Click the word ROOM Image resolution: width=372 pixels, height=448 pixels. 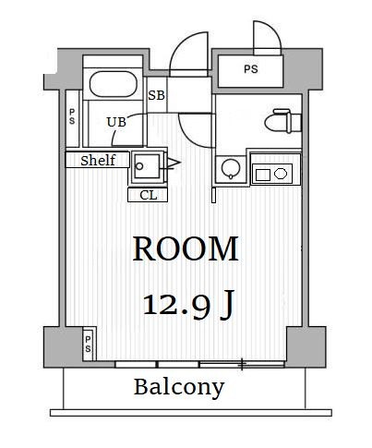point(186,248)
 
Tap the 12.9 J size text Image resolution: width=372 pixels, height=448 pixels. point(188,305)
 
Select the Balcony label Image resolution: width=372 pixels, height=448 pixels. point(179,387)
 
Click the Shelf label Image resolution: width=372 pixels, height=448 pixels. point(98,161)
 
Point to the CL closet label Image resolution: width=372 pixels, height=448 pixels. point(149,195)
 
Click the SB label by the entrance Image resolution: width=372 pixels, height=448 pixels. point(157,95)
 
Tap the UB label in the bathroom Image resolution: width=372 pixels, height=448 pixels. point(116,122)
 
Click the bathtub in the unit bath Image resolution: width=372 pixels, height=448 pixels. point(114,84)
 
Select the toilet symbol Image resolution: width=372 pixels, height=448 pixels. point(283,121)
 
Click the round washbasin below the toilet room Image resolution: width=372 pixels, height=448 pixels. point(231,169)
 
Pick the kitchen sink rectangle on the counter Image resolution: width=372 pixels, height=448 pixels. point(263,175)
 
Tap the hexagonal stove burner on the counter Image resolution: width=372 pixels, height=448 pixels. point(281,174)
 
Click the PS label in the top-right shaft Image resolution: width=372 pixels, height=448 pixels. point(251,69)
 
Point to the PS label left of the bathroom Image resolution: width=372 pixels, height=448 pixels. point(72,116)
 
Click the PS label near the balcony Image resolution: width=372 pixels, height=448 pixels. point(88,344)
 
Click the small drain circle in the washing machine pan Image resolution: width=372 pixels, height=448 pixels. point(139,166)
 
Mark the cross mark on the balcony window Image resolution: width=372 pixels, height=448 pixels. point(242,364)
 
